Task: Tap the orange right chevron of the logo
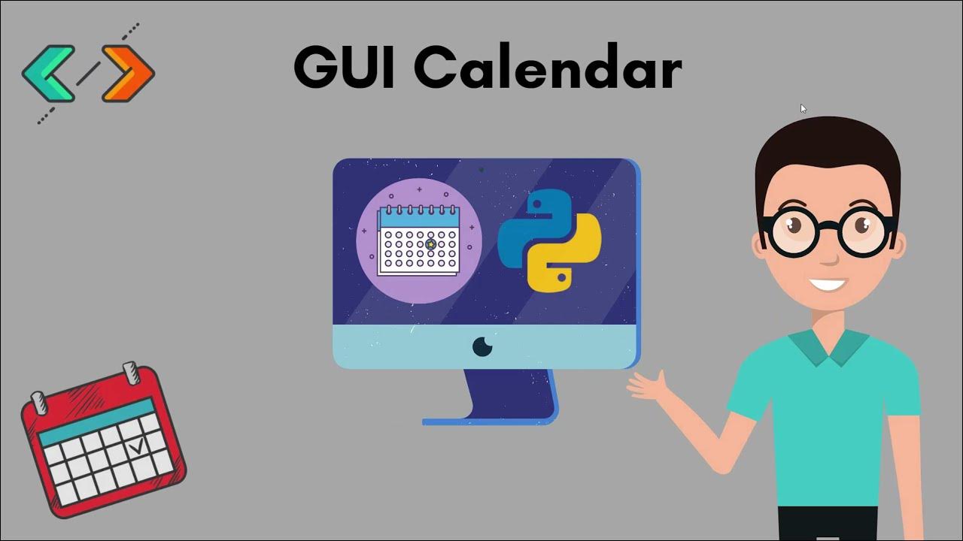click(129, 73)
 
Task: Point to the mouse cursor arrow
click(803, 108)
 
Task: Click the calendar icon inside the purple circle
click(418, 240)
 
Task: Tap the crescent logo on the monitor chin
click(482, 346)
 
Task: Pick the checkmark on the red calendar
click(138, 446)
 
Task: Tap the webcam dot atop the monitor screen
click(481, 170)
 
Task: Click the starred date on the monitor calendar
click(430, 244)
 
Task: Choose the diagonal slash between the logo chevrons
click(88, 73)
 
